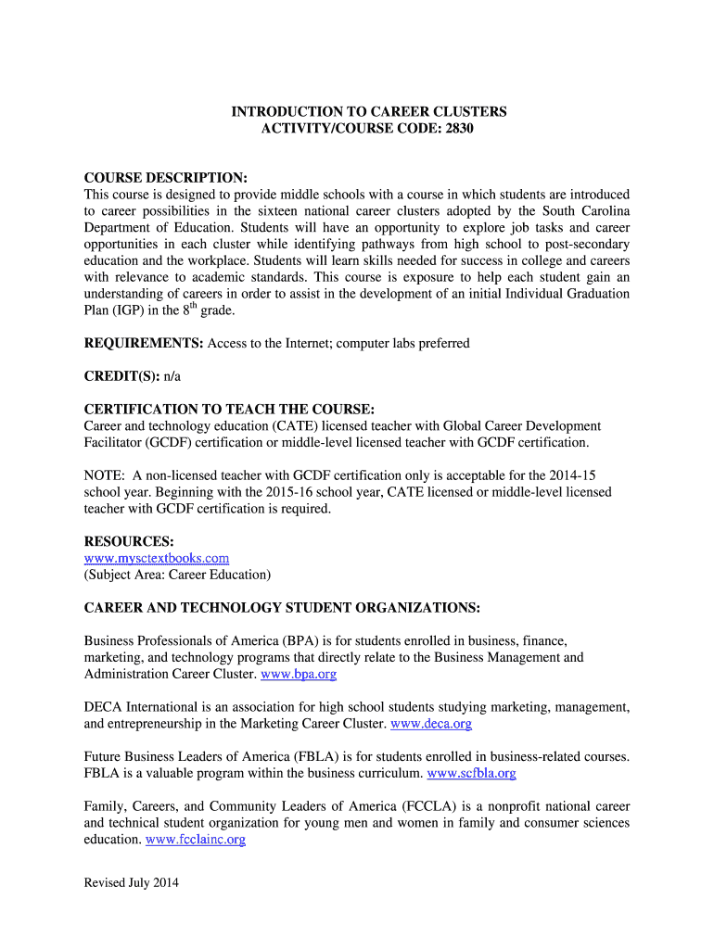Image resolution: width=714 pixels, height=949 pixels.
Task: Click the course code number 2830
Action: (x=457, y=129)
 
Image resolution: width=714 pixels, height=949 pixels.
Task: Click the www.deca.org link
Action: (x=432, y=724)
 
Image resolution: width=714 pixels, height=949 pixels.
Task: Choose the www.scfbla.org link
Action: (x=472, y=773)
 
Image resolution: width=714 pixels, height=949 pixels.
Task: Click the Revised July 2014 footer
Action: (x=131, y=883)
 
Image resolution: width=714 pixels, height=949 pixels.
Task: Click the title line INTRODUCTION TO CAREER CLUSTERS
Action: (x=369, y=112)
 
